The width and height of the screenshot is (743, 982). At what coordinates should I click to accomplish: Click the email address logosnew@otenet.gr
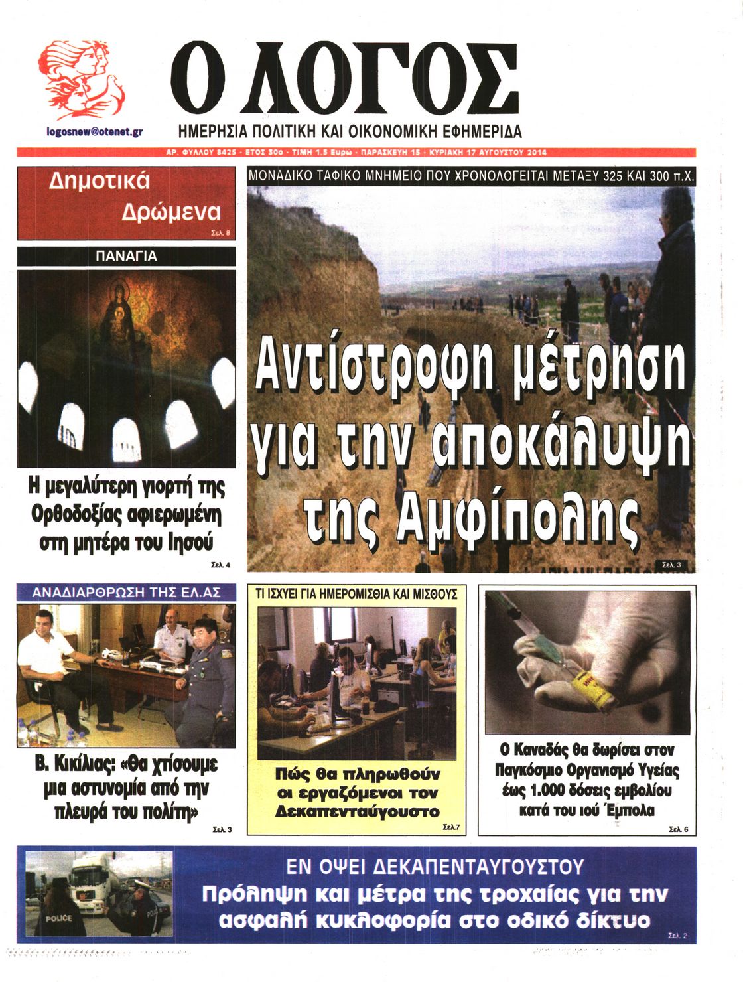coord(95,132)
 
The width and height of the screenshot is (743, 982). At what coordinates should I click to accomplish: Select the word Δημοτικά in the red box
coord(100,181)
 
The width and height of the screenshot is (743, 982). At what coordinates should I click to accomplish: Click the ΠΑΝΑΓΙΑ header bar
coord(126,256)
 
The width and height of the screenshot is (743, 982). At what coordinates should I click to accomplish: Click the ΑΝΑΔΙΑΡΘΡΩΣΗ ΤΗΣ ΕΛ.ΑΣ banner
coord(126,592)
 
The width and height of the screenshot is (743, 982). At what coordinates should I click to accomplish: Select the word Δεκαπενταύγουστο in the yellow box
coord(357,811)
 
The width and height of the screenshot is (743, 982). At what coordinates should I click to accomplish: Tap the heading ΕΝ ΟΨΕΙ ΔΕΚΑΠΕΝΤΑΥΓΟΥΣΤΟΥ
coord(435,866)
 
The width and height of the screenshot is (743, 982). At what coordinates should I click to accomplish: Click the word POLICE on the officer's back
coord(58,918)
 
